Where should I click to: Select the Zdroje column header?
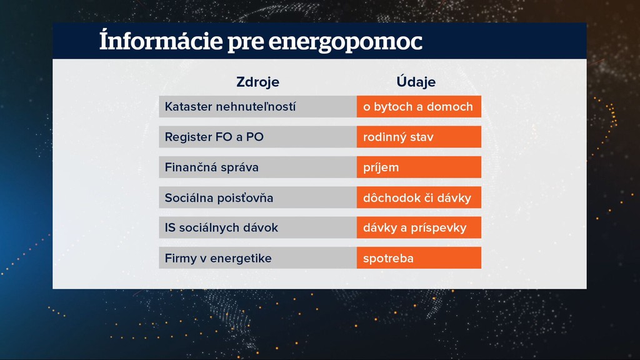click(x=257, y=82)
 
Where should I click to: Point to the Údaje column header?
click(x=416, y=82)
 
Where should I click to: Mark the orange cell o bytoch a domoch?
click(x=419, y=107)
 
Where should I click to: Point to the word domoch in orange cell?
click(x=452, y=107)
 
